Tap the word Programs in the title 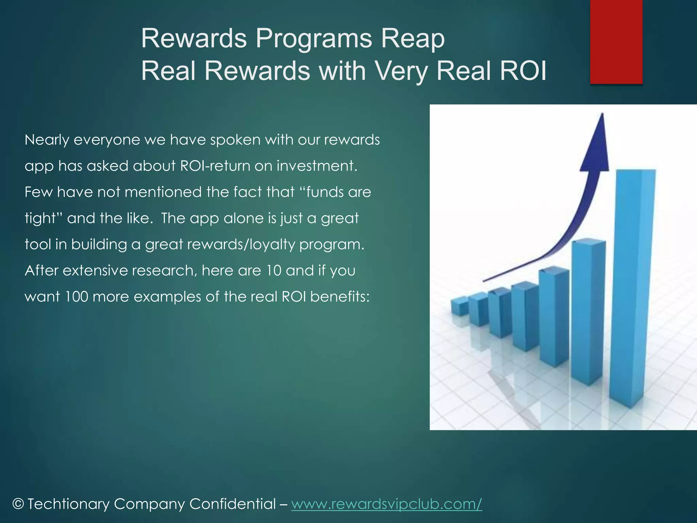(x=314, y=38)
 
